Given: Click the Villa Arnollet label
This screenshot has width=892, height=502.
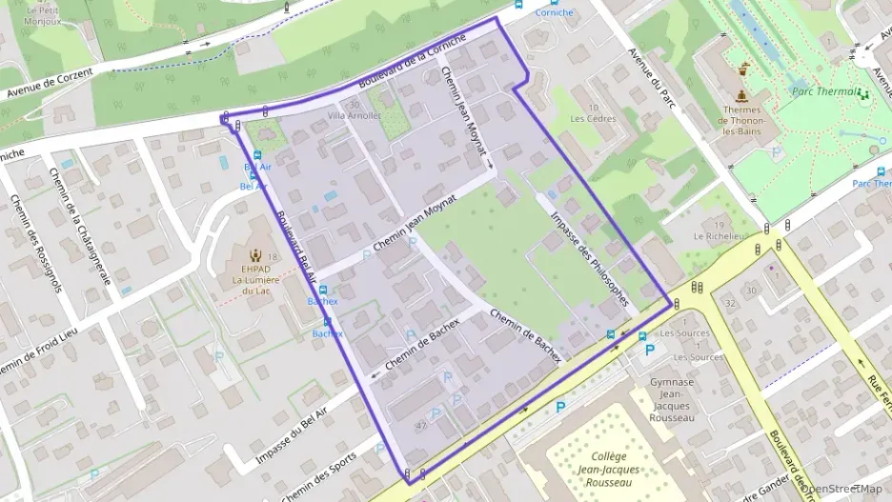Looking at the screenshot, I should [354, 115].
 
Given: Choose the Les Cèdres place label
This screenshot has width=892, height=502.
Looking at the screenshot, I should [593, 119].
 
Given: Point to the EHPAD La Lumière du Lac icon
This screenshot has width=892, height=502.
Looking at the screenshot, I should [254, 255].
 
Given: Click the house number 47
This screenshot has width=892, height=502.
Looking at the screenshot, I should [420, 426].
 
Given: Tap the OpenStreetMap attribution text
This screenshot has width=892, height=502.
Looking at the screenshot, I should [843, 490].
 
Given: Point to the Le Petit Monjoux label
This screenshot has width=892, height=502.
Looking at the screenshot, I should [42, 14].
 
